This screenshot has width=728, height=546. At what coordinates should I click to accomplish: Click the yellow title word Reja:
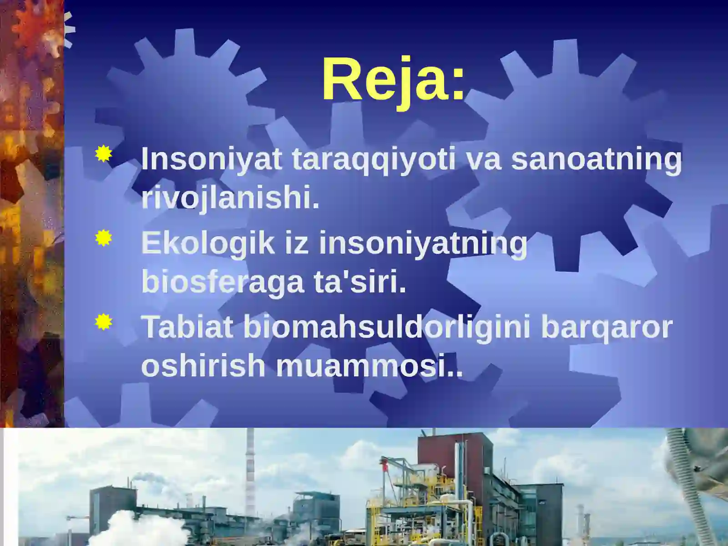tap(394, 80)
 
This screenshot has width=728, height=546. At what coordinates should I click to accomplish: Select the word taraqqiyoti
tap(373, 159)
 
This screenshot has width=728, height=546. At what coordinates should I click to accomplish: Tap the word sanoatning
tap(597, 159)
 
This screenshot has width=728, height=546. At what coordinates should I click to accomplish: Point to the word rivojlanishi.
tap(230, 198)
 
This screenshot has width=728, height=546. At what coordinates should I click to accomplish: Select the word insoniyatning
tap(423, 243)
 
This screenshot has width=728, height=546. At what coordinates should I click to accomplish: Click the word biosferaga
tap(222, 282)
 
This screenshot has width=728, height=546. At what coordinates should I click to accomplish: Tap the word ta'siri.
tap(359, 282)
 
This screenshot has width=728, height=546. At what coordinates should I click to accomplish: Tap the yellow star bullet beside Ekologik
tap(104, 238)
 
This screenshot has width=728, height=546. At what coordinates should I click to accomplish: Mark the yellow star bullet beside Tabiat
tap(104, 322)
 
